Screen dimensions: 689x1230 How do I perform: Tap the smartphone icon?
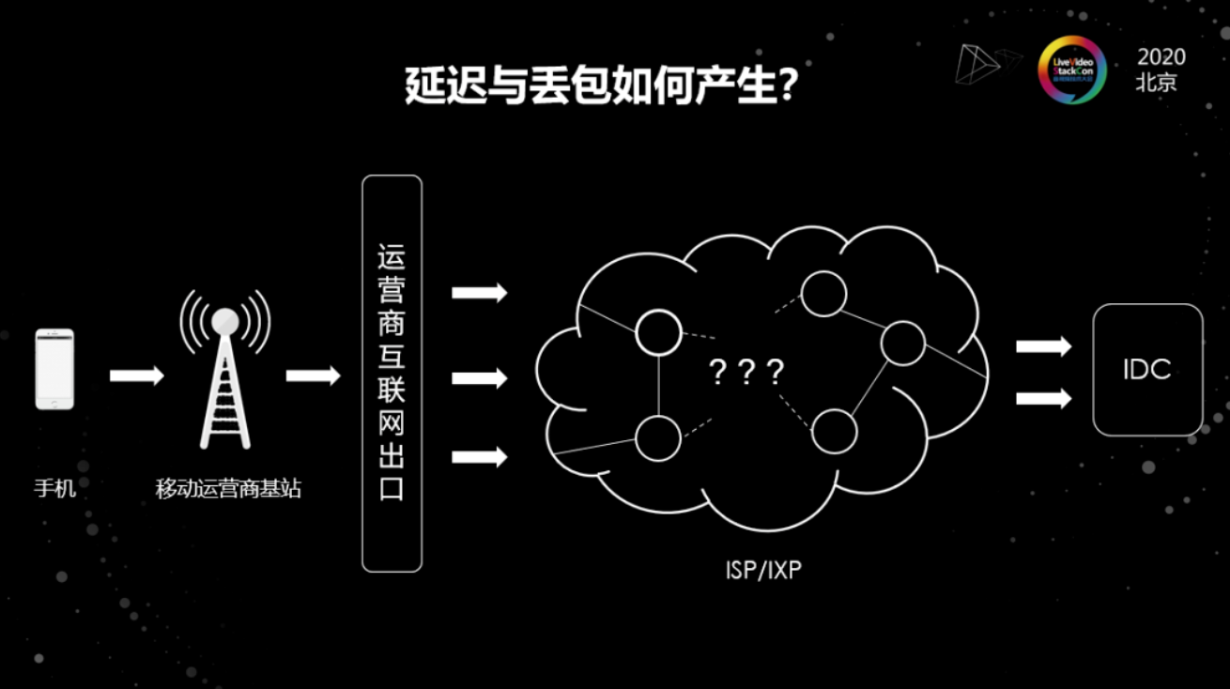54,369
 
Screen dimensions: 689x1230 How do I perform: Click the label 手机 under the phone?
54,488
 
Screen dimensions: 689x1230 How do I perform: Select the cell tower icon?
225,371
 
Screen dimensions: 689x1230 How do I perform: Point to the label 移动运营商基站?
228,488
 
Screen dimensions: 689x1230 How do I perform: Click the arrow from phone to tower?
136,375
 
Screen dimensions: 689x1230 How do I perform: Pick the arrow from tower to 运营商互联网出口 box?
313,375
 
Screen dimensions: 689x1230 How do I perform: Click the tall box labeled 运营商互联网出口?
392,373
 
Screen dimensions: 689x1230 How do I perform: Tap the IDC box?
1147,369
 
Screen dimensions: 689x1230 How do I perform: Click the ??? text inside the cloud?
746,373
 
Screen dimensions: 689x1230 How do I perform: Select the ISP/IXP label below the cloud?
763,569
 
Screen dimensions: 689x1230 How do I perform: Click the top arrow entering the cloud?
479,293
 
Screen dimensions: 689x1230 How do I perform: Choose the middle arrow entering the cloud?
479,378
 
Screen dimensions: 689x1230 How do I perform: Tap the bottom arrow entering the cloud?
479,457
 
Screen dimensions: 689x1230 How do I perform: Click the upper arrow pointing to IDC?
1043,346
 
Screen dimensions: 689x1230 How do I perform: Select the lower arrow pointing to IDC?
1043,398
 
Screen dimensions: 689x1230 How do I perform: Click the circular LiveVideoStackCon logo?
1072,69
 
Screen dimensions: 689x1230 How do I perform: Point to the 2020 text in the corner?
1161,56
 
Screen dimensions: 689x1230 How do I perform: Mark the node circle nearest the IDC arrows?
903,343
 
